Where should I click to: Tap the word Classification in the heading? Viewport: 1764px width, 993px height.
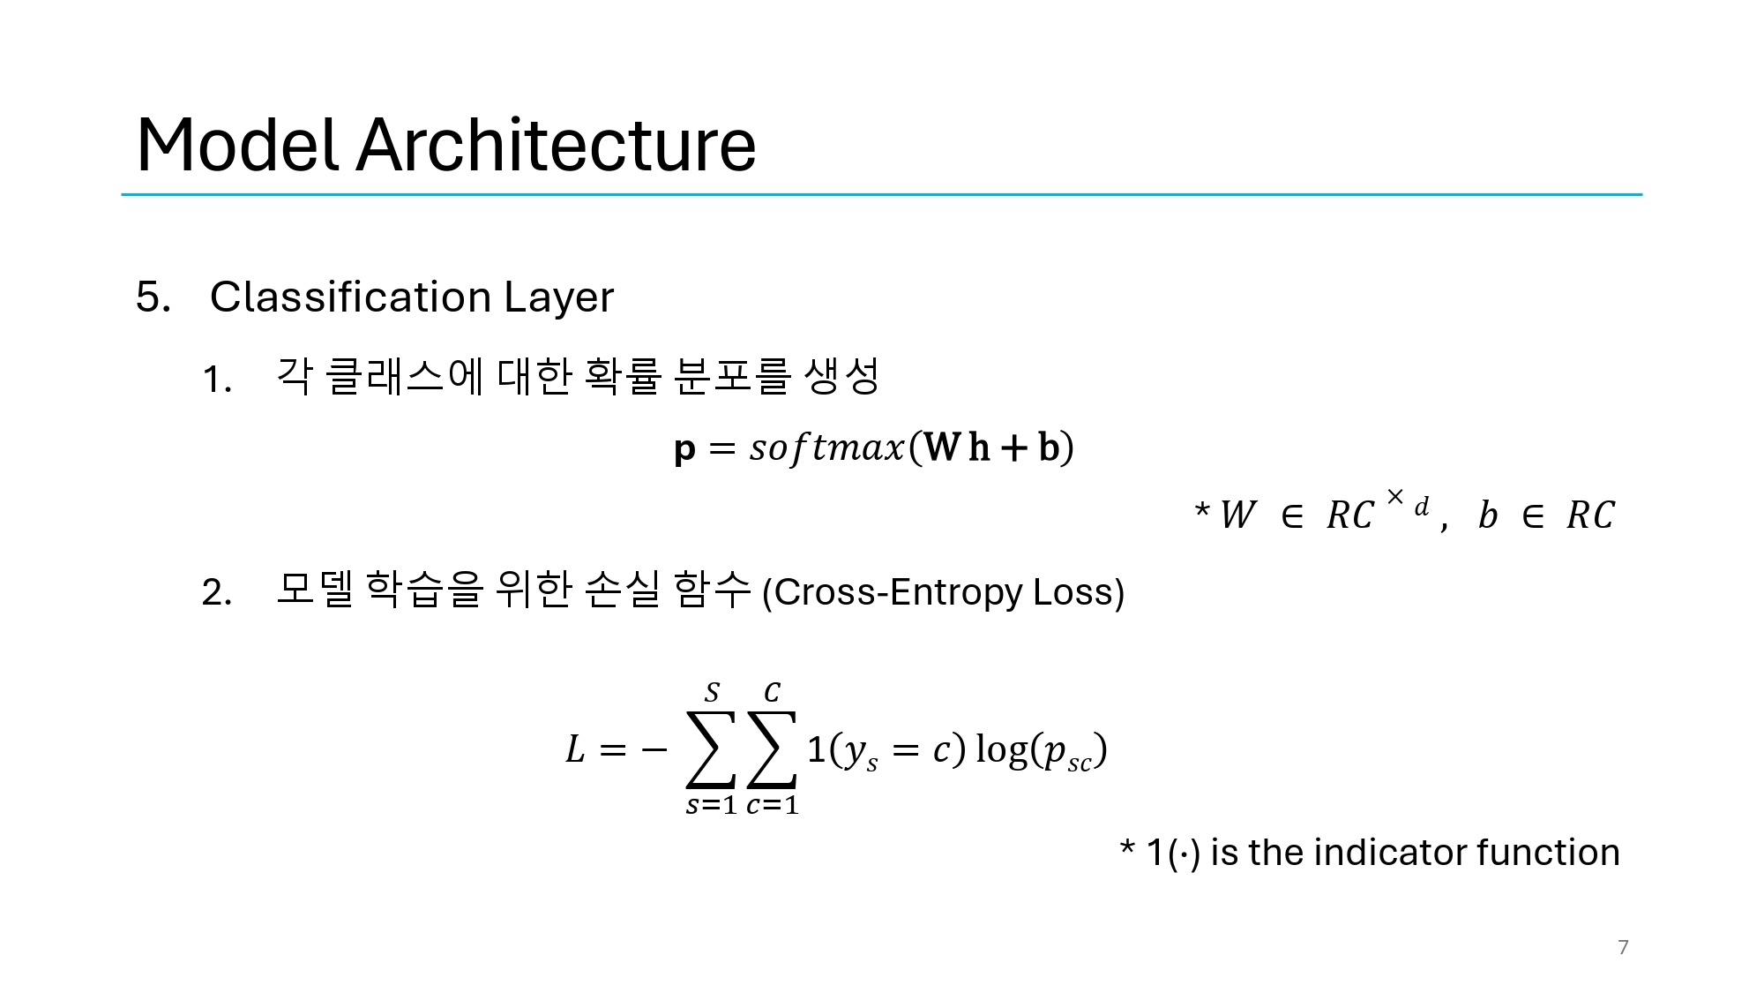point(351,297)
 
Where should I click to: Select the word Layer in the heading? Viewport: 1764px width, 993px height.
point(558,297)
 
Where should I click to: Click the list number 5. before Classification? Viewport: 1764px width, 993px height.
point(153,297)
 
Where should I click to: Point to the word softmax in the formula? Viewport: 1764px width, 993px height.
point(827,448)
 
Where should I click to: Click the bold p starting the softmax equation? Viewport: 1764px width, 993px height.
point(684,448)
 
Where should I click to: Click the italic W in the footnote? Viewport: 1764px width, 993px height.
point(1237,515)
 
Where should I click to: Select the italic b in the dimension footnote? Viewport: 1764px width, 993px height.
point(1488,515)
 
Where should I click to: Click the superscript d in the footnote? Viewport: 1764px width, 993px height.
point(1421,507)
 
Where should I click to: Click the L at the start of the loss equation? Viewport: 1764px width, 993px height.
point(575,749)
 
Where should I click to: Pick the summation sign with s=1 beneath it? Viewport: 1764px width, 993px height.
point(711,749)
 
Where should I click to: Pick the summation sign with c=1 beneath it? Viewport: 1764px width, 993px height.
point(772,749)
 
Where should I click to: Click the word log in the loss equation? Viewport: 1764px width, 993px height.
point(1002,749)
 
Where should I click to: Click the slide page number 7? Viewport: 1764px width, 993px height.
point(1623,947)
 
